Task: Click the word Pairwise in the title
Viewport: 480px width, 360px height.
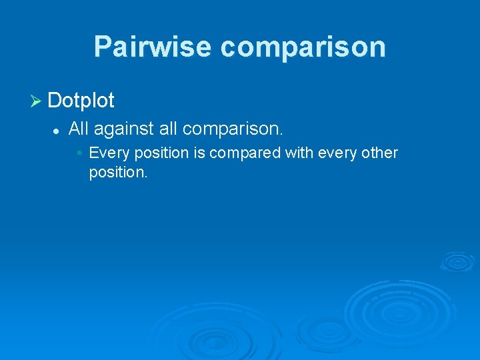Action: click(153, 47)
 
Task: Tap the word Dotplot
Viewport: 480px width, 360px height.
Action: click(81, 101)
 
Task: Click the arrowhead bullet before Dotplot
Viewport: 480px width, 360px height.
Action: click(37, 101)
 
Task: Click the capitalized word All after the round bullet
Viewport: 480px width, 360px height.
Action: click(79, 128)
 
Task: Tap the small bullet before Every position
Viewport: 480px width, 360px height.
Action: click(79, 153)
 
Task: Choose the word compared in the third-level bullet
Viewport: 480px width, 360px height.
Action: click(245, 153)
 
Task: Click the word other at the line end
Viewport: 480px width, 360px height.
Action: click(380, 153)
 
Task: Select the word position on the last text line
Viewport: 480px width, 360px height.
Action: click(117, 173)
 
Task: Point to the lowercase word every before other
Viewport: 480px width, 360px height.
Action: click(338, 153)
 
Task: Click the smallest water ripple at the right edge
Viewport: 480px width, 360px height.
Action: click(457, 261)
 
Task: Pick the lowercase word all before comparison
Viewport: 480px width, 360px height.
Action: click(168, 128)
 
